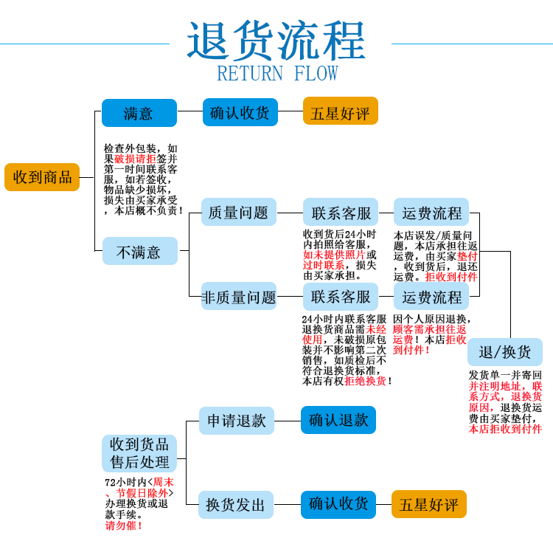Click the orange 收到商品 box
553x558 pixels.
click(x=42, y=177)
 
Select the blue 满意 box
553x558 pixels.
click(x=139, y=113)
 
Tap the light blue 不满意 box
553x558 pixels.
click(x=139, y=251)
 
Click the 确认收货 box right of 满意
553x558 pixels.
click(x=240, y=113)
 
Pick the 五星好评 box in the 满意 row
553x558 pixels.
click(x=340, y=113)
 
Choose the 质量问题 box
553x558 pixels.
click(x=238, y=213)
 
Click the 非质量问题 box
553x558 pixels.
click(x=238, y=297)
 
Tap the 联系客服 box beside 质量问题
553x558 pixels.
click(x=341, y=213)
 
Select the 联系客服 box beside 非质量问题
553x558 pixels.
click(x=341, y=297)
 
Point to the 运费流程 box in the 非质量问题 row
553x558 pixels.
click(x=431, y=297)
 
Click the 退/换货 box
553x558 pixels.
click(x=505, y=351)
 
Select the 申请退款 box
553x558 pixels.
click(x=236, y=421)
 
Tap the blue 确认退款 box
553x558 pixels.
click(x=338, y=420)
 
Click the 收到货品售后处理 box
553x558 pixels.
click(x=139, y=453)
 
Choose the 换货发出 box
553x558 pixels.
click(x=236, y=505)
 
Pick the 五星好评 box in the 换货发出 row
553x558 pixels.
click(x=428, y=505)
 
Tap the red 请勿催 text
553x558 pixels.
click(x=122, y=526)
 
